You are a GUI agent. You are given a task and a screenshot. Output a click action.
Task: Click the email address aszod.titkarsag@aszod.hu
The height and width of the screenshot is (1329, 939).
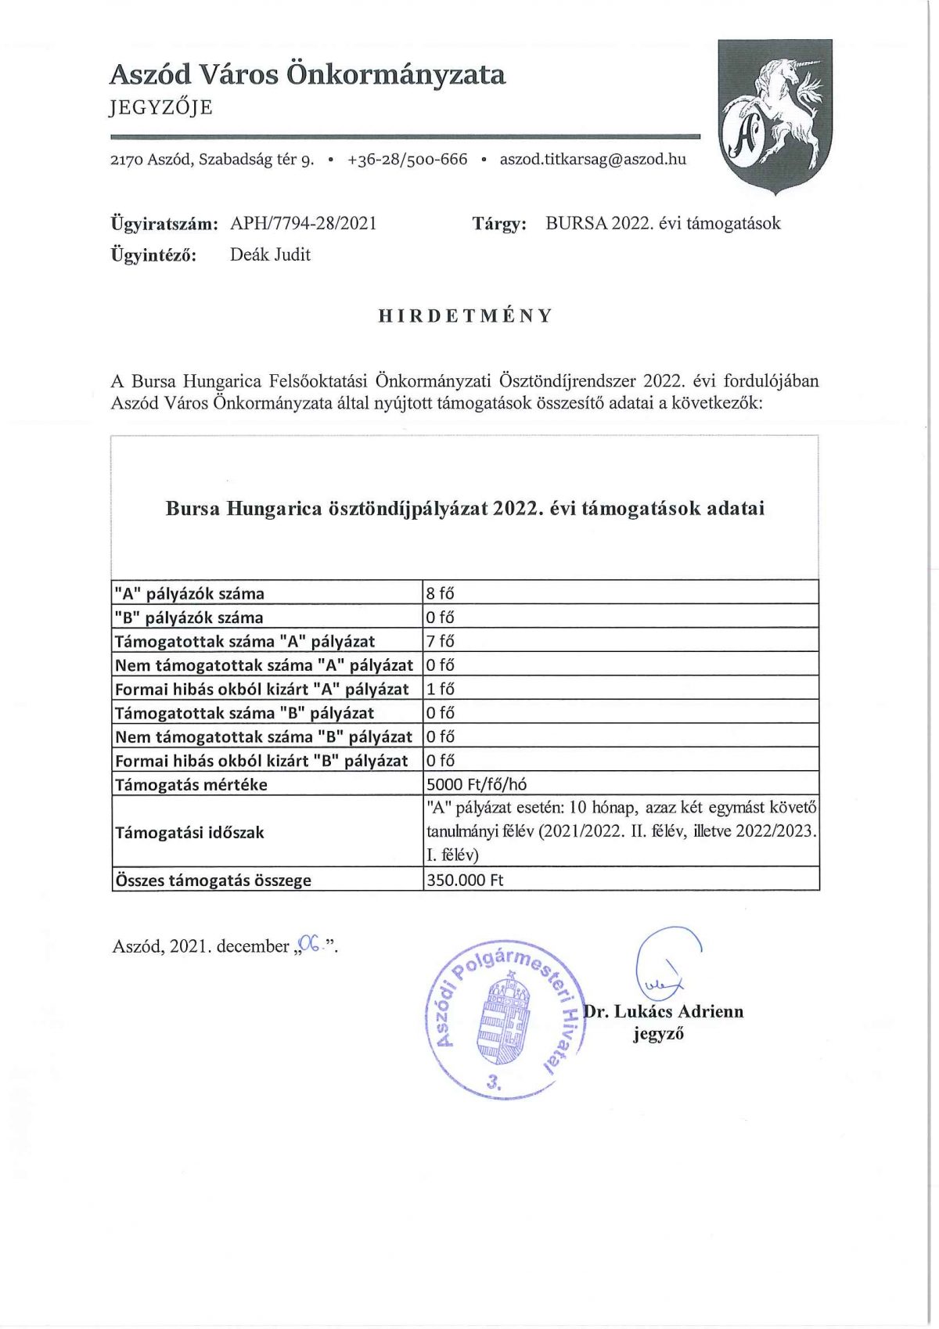(592, 160)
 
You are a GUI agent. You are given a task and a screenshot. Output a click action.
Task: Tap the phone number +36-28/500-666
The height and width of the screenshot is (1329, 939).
(407, 160)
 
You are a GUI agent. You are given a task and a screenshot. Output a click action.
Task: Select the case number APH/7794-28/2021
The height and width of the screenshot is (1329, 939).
(304, 224)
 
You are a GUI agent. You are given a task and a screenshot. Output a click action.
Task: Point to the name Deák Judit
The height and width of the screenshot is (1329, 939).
(270, 255)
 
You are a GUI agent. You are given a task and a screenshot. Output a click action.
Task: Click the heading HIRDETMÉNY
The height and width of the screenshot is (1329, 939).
(466, 316)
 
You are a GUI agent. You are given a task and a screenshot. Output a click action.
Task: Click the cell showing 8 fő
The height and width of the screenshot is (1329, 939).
(440, 593)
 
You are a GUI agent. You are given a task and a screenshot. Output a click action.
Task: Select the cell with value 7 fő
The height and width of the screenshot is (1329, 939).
(440, 641)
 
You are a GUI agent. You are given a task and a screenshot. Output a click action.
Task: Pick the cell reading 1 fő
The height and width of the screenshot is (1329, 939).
(440, 689)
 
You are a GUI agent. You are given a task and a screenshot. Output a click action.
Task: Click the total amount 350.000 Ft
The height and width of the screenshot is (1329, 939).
(465, 880)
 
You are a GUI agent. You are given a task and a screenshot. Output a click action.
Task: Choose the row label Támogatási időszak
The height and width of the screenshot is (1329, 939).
(189, 832)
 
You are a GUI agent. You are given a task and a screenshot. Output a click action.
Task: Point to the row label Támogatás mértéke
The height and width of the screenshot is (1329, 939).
(191, 784)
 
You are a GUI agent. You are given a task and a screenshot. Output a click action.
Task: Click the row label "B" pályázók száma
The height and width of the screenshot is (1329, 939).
(189, 618)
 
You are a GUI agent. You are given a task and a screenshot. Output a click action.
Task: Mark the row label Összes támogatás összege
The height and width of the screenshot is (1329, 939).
(213, 880)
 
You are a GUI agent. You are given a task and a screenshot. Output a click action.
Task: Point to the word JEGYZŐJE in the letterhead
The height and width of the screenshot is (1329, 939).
(161, 107)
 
